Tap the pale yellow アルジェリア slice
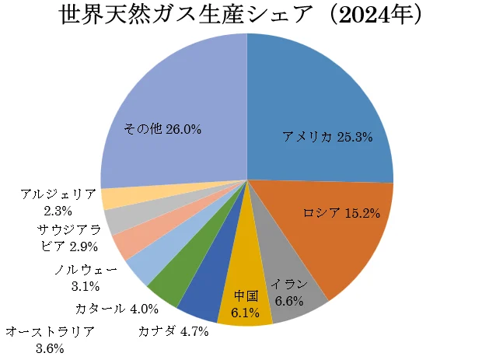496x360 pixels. pyautogui.click(x=114, y=199)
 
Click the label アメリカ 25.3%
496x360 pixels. pyautogui.click(x=327, y=138)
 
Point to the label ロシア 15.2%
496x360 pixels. pyautogui.click(x=341, y=213)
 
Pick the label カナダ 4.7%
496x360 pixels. pyautogui.click(x=173, y=332)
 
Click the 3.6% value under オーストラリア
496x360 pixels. pyautogui.click(x=50, y=348)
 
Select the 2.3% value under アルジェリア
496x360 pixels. pyautogui.click(x=59, y=210)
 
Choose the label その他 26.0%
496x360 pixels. pyautogui.click(x=162, y=129)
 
